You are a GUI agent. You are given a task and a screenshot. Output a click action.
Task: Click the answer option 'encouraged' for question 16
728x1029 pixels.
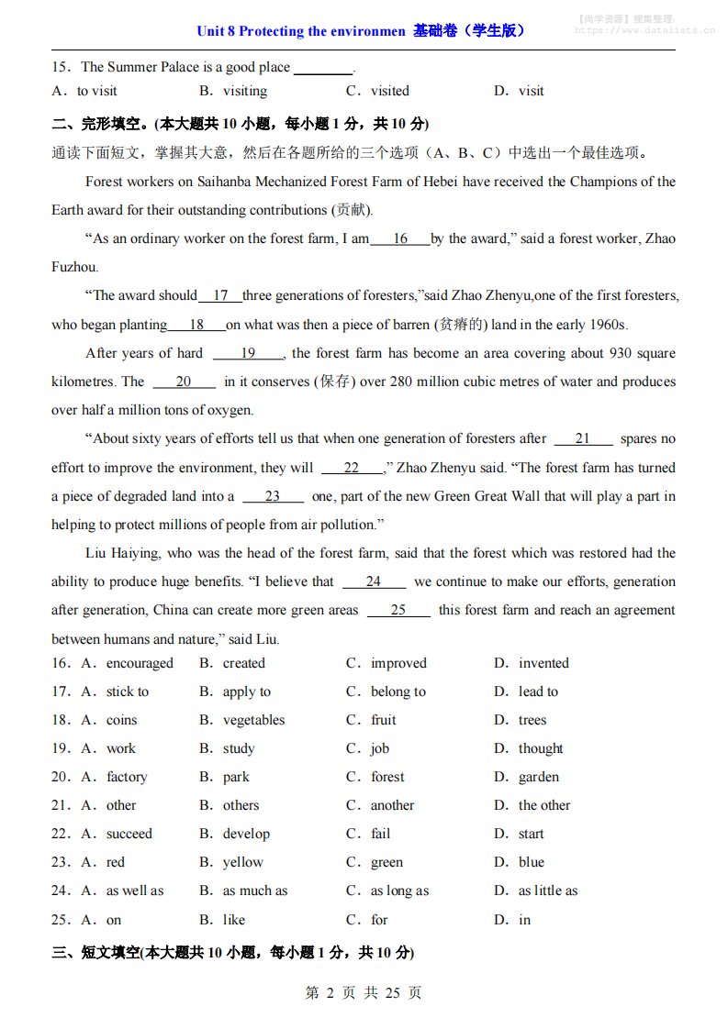point(140,663)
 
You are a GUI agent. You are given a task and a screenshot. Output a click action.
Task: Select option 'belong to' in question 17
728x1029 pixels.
point(398,692)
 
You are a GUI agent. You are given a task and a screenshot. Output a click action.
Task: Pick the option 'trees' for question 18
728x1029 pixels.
point(532,720)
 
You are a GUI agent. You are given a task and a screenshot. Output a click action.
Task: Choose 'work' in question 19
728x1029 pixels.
point(121,748)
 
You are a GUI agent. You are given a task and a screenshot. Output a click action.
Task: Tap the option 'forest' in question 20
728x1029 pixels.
point(387,777)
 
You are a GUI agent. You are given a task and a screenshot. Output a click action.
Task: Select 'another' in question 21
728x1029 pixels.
point(392,805)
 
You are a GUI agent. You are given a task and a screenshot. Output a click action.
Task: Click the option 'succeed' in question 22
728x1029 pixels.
point(129,834)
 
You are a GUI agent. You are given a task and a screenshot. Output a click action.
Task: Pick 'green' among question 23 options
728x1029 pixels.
point(386,862)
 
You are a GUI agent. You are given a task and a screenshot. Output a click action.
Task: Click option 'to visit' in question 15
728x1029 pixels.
point(97,91)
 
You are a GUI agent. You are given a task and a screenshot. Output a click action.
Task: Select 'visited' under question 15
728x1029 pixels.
point(390,91)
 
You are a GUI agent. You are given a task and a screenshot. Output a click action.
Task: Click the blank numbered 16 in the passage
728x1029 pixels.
point(400,239)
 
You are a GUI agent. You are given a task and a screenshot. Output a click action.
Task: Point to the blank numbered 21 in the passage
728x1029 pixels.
point(582,439)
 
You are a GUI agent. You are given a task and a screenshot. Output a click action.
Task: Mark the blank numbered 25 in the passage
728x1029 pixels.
point(398,611)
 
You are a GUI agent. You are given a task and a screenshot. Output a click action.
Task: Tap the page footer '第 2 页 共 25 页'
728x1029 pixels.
point(363,992)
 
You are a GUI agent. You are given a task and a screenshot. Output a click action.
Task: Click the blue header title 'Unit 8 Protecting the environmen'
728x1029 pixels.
point(301,31)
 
